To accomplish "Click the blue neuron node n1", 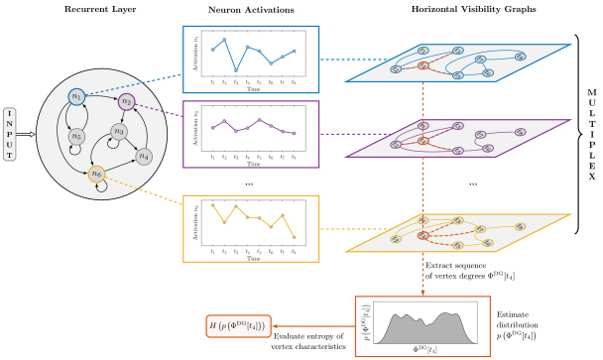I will tap(75, 96).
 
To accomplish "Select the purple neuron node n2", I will tap(126, 101).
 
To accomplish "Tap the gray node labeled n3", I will tap(118, 130).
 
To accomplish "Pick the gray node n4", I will tap(144, 155).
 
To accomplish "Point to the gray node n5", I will tap(77, 135).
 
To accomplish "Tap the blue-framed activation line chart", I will tap(249, 59).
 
